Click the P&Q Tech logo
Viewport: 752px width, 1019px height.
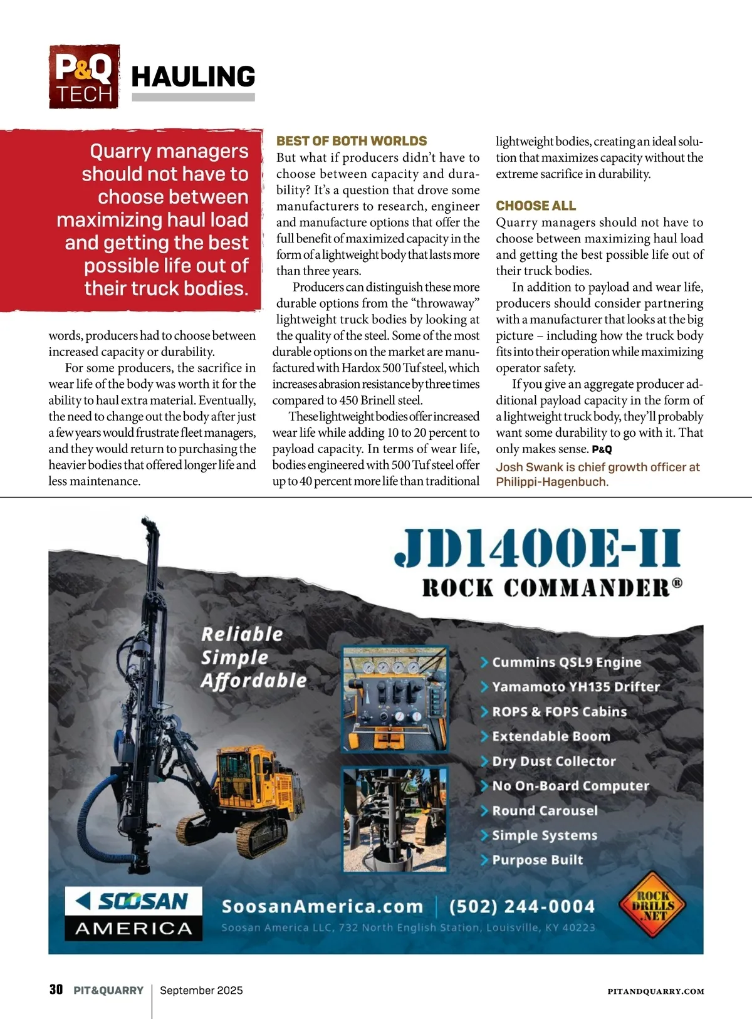click(x=84, y=76)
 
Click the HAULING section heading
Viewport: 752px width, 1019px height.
click(x=193, y=77)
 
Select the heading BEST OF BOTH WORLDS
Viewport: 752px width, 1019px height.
click(x=352, y=141)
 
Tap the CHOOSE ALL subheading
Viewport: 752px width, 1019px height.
click(x=536, y=206)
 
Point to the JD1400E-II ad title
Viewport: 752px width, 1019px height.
click(x=537, y=548)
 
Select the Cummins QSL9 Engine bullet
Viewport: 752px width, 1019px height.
click(x=566, y=662)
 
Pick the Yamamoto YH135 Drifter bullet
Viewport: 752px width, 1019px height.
click(x=575, y=687)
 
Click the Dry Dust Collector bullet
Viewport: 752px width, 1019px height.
click(x=553, y=761)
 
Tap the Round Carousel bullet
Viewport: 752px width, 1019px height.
click(x=545, y=810)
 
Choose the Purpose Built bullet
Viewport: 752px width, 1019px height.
click(x=537, y=860)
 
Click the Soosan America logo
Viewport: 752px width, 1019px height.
click(x=133, y=913)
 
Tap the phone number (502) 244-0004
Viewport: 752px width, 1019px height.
click(x=522, y=906)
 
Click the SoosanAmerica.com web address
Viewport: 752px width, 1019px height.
click(x=322, y=906)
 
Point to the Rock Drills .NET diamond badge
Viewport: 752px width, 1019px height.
click(x=652, y=905)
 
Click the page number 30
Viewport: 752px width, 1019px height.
click(x=56, y=990)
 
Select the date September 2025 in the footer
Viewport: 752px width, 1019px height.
click(x=201, y=990)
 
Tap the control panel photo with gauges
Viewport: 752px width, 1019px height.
click(x=395, y=699)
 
